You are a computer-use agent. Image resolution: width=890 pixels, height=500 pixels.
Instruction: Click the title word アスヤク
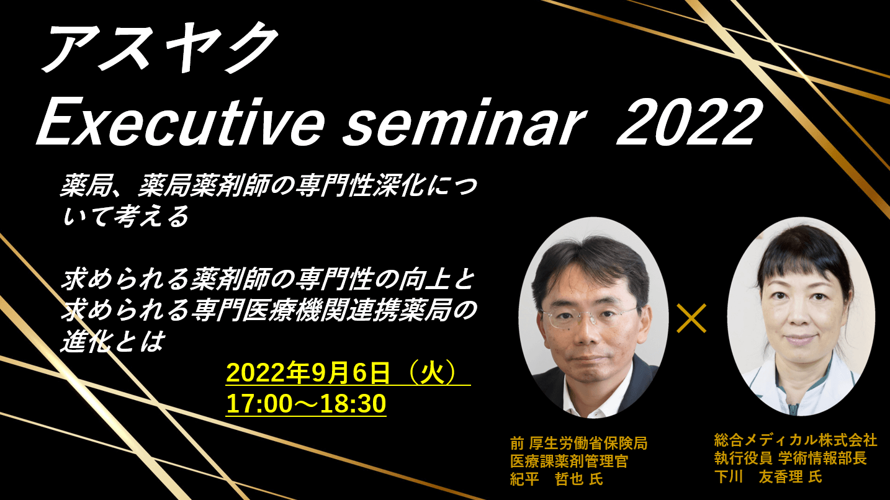click(x=158, y=47)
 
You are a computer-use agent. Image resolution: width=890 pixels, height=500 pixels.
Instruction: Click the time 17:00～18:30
click(x=306, y=403)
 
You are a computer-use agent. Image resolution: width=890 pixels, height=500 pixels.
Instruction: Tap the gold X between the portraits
click(x=692, y=318)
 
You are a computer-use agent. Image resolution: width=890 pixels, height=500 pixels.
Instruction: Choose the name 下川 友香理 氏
click(x=768, y=476)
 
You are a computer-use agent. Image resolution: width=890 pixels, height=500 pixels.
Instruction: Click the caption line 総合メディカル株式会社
click(x=795, y=440)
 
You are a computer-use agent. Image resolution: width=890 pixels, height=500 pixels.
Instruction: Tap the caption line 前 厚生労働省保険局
click(x=579, y=443)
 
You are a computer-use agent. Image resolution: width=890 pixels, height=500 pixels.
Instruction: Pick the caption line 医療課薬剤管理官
click(x=569, y=461)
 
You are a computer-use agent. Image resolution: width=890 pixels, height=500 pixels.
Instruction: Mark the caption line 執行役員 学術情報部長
click(x=790, y=458)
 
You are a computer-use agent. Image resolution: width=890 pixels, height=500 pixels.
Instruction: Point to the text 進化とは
click(x=112, y=341)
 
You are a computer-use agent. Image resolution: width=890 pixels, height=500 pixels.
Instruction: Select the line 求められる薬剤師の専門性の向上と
click(x=268, y=280)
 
